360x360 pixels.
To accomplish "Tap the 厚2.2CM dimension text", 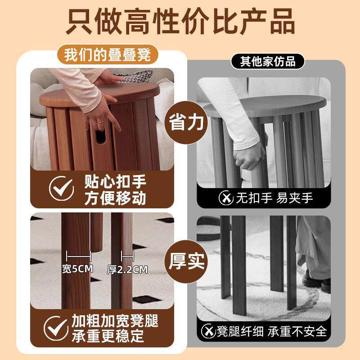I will (127, 270).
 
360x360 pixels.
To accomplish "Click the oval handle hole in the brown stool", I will (101, 135).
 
